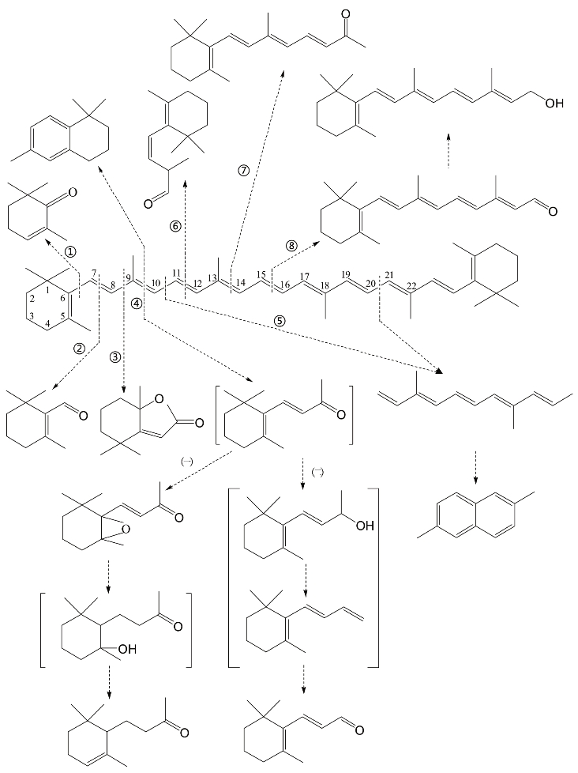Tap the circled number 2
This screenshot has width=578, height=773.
(78, 347)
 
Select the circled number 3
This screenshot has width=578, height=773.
(115, 356)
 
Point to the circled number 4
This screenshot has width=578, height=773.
(136, 304)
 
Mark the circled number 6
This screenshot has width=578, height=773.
(176, 226)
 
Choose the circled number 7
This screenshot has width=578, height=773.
(244, 170)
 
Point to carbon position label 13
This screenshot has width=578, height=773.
(211, 277)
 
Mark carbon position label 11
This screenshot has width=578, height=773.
(177, 273)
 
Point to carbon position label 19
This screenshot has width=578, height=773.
(345, 273)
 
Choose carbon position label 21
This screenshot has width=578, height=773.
(388, 273)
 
